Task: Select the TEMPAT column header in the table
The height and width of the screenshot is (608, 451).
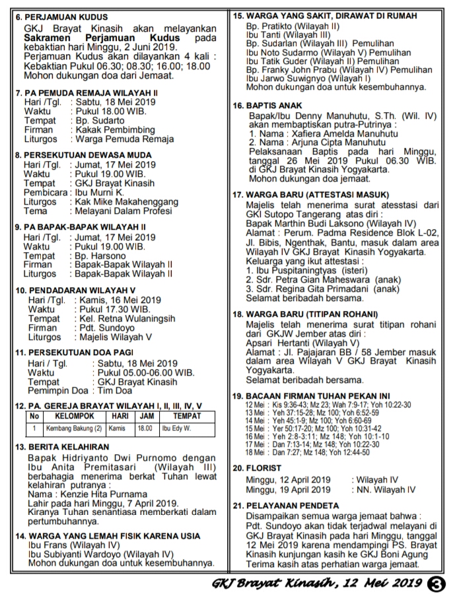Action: [x=187, y=417]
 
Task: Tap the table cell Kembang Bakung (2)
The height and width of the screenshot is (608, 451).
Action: [x=73, y=428]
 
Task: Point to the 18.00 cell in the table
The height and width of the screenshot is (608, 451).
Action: [x=144, y=428]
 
